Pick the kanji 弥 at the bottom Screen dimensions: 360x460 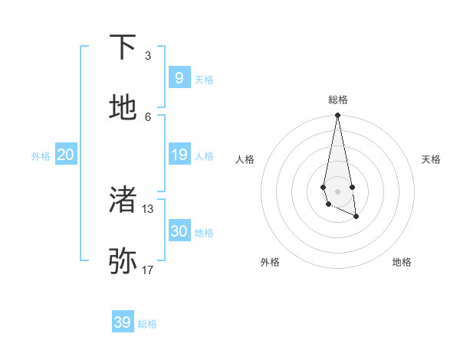pyautogui.click(x=123, y=261)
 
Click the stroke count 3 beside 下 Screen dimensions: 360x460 pyautogui.click(x=148, y=56)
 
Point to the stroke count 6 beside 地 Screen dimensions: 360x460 pyautogui.click(x=148, y=116)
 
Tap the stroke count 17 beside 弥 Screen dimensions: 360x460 pyautogui.click(x=148, y=270)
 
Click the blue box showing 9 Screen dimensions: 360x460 pyautogui.click(x=179, y=78)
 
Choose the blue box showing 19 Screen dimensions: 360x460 pyautogui.click(x=179, y=155)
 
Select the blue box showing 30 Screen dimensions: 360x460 pyautogui.click(x=179, y=231)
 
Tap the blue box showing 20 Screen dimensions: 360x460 pyautogui.click(x=65, y=155)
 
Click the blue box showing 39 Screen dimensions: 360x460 pyautogui.click(x=122, y=322)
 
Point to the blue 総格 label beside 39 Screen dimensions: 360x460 pyautogui.click(x=147, y=324)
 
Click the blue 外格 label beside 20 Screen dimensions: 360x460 pyautogui.click(x=41, y=156)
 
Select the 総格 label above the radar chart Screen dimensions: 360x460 pyautogui.click(x=337, y=100)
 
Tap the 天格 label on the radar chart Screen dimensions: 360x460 pyautogui.click(x=431, y=159)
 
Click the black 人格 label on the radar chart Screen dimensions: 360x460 pyautogui.click(x=245, y=159)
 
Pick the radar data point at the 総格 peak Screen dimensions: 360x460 pyautogui.click(x=337, y=116)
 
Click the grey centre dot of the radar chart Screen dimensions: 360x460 pyautogui.click(x=337, y=191)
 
